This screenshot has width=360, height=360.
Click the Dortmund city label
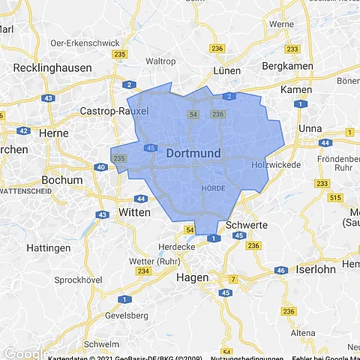(x=193, y=153)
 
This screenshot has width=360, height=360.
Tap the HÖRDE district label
(x=213, y=187)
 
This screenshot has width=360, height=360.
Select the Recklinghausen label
(x=52, y=67)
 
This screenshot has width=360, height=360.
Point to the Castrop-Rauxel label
(x=115, y=111)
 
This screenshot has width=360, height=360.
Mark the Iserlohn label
(x=318, y=268)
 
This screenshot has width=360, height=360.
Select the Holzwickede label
(x=276, y=164)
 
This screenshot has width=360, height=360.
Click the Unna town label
(x=310, y=128)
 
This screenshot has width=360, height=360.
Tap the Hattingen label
(x=48, y=247)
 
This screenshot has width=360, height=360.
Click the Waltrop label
(x=160, y=60)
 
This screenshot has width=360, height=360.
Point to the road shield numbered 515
(x=334, y=197)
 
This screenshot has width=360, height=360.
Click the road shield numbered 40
(x=100, y=167)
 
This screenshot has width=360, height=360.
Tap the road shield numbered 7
(x=232, y=279)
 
